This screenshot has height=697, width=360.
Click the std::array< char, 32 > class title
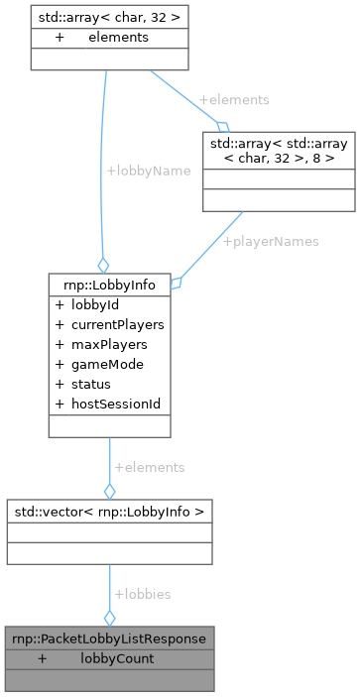coord(97,17)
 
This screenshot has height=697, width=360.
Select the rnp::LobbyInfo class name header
coord(109,285)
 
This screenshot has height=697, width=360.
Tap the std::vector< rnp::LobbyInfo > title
coord(109,512)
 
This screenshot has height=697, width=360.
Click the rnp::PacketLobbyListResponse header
coord(109,639)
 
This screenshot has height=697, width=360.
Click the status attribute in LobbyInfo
coord(90,384)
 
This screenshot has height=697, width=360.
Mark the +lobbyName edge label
coord(149,170)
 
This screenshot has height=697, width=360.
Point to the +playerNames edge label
coord(271,241)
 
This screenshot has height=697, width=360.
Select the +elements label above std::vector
coord(150,466)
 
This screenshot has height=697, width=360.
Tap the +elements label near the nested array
coord(234,100)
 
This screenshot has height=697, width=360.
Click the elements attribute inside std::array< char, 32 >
coord(117,37)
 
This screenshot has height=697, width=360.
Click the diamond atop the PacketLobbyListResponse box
coord(109,617)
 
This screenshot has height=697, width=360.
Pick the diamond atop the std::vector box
coord(109,490)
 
